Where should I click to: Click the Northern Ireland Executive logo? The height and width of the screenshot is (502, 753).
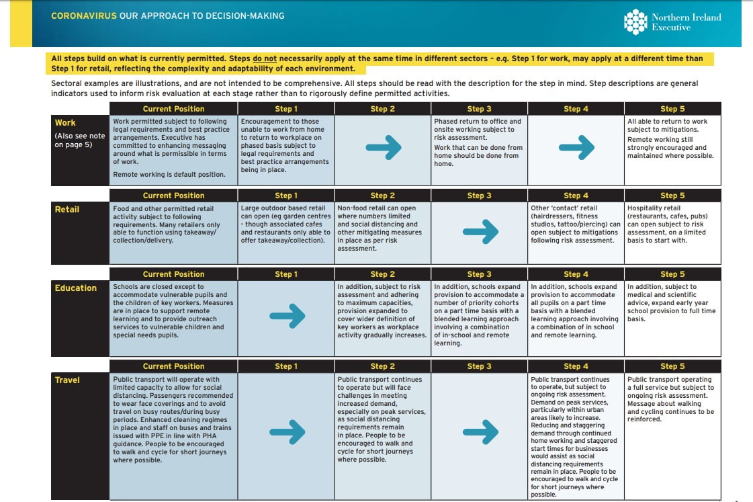click(x=672, y=22)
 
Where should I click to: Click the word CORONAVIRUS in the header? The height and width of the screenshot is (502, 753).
click(x=83, y=15)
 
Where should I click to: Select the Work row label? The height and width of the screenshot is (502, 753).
click(x=65, y=123)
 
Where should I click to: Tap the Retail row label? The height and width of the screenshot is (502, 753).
click(x=67, y=209)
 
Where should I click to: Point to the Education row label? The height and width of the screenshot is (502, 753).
click(x=76, y=288)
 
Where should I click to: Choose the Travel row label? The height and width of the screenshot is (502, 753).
click(x=67, y=380)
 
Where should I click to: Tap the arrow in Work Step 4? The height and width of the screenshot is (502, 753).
click(x=576, y=147)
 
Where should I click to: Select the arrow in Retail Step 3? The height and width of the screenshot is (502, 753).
click(x=480, y=232)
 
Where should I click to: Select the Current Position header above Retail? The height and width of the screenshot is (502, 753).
click(x=173, y=196)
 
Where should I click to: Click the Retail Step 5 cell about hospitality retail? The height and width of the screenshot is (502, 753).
click(x=671, y=224)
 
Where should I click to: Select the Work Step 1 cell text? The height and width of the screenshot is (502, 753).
click(x=285, y=145)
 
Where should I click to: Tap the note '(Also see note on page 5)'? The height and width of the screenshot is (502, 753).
click(x=79, y=140)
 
